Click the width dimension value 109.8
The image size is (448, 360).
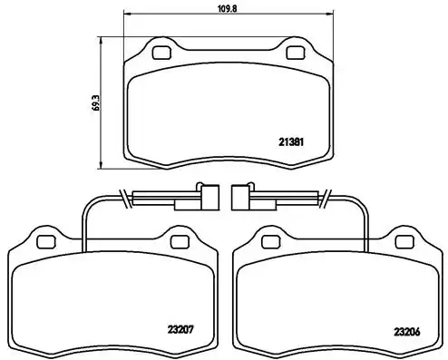pos(228,8)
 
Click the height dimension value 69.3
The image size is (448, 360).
pos(96,102)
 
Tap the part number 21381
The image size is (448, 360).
pos(291,142)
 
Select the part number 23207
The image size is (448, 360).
pos(180,329)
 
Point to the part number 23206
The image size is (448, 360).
pos(407,332)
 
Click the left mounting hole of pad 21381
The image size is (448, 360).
pos(161,53)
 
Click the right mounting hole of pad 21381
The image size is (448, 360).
pos(295,53)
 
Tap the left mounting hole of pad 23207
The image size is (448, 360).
pos(46,242)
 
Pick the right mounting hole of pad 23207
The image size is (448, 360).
pos(180,242)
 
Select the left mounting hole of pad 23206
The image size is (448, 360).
pos(271,242)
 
